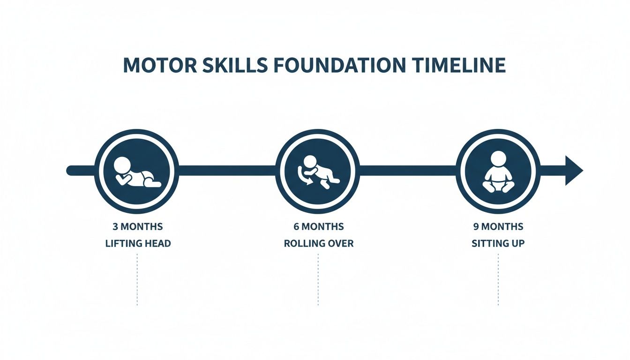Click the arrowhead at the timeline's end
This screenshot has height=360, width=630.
tap(573, 170)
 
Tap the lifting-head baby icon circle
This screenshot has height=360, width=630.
tap(137, 170)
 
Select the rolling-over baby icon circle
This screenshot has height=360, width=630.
tap(318, 170)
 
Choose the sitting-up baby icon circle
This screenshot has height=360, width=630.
tap(498, 170)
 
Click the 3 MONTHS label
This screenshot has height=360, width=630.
tap(137, 227)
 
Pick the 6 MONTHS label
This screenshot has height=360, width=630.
tap(318, 227)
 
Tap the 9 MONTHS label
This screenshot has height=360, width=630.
tap(498, 227)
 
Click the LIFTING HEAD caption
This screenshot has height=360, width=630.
tap(137, 244)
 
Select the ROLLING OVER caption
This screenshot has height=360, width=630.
tap(318, 244)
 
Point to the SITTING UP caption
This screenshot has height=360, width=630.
tap(498, 244)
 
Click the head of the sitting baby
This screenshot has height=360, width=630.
tap(498, 158)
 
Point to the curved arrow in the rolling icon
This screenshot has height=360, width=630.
tap(302, 175)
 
